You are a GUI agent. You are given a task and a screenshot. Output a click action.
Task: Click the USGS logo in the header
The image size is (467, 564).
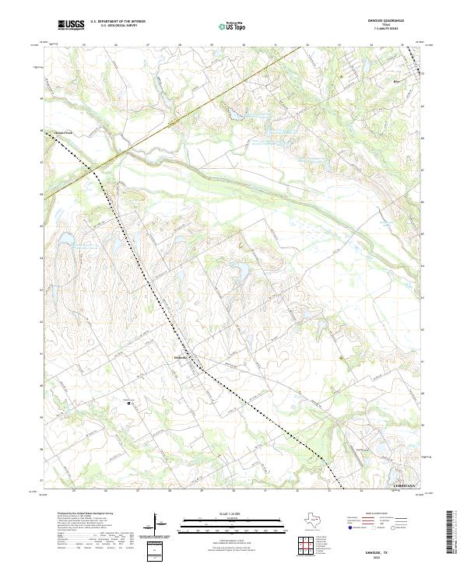(70, 25)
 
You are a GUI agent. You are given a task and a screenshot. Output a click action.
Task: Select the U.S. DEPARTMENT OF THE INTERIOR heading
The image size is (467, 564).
(118, 22)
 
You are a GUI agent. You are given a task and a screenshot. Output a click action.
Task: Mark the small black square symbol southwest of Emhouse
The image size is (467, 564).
(130, 402)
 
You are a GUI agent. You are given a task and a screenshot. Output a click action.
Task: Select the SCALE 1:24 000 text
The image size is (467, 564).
(232, 513)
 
